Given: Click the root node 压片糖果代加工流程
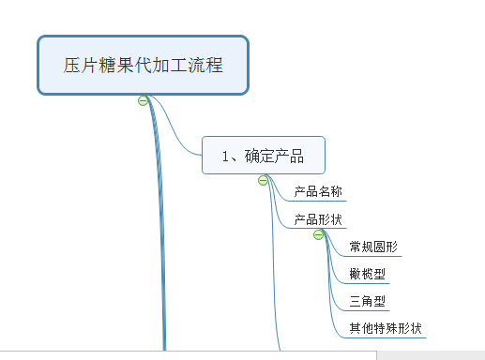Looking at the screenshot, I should tap(143, 66).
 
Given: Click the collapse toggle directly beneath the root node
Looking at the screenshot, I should tap(143, 100).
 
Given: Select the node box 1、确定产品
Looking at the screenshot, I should tap(263, 156).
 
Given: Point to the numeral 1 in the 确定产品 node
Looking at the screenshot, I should tap(226, 156).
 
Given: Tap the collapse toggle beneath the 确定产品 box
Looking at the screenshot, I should tap(264, 180).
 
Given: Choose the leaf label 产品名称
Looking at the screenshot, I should tap(317, 192).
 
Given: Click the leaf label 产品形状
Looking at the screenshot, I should tap(317, 219).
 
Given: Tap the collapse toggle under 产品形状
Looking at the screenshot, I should tap(319, 234).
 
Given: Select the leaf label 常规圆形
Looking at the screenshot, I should tap(372, 247).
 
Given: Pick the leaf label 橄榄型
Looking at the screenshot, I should tap(367, 274).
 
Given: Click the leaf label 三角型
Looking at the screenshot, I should tap(367, 301).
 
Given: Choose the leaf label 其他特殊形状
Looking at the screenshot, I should tap(385, 328).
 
